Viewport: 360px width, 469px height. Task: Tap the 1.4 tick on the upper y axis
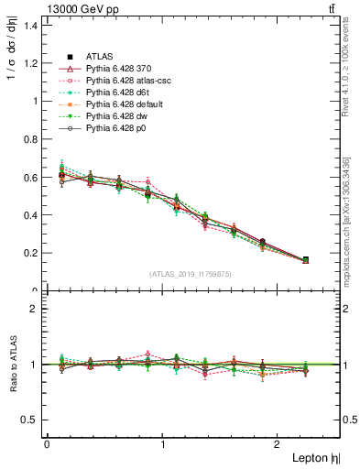(32, 26)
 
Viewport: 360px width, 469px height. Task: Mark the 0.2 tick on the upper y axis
(32, 253)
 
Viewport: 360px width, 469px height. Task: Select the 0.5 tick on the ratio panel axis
(32, 420)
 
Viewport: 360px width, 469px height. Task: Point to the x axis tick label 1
(163, 444)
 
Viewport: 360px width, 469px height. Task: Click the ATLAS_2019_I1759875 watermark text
(191, 274)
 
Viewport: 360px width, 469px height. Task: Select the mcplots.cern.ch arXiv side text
(352, 215)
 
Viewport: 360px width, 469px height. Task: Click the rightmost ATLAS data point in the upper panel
(305, 260)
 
